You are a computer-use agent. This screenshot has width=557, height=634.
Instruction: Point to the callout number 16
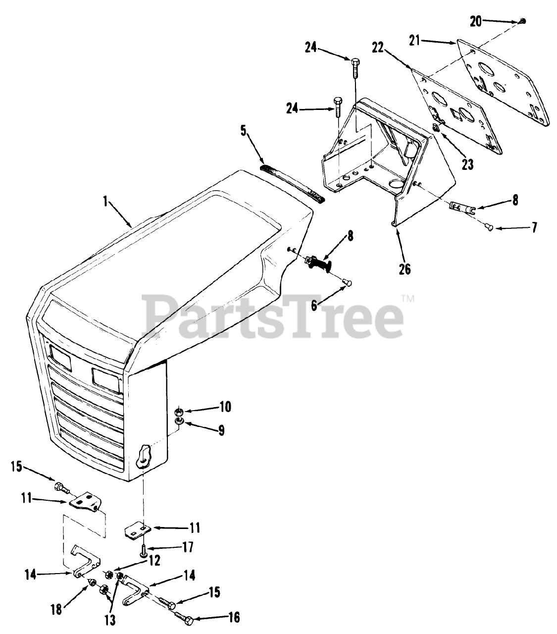coord(233,617)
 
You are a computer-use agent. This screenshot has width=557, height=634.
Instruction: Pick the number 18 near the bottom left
coord(56,609)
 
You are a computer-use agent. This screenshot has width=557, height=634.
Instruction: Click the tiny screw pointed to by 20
coord(523,21)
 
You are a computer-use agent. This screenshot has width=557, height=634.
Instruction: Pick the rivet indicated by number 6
coord(347,282)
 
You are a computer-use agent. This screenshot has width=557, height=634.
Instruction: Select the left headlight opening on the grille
coord(60,358)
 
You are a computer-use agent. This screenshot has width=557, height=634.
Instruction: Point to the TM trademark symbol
coord(407,298)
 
